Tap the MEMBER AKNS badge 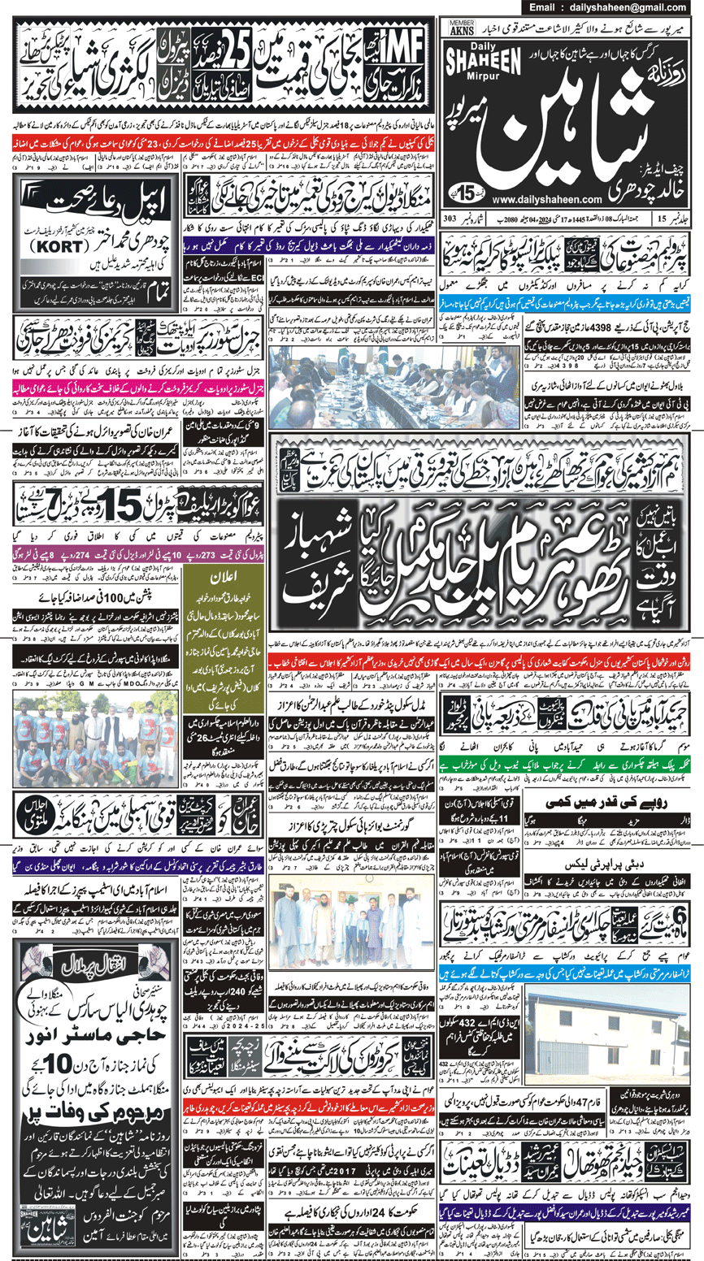(x=463, y=28)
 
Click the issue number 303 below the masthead (x=451, y=219)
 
